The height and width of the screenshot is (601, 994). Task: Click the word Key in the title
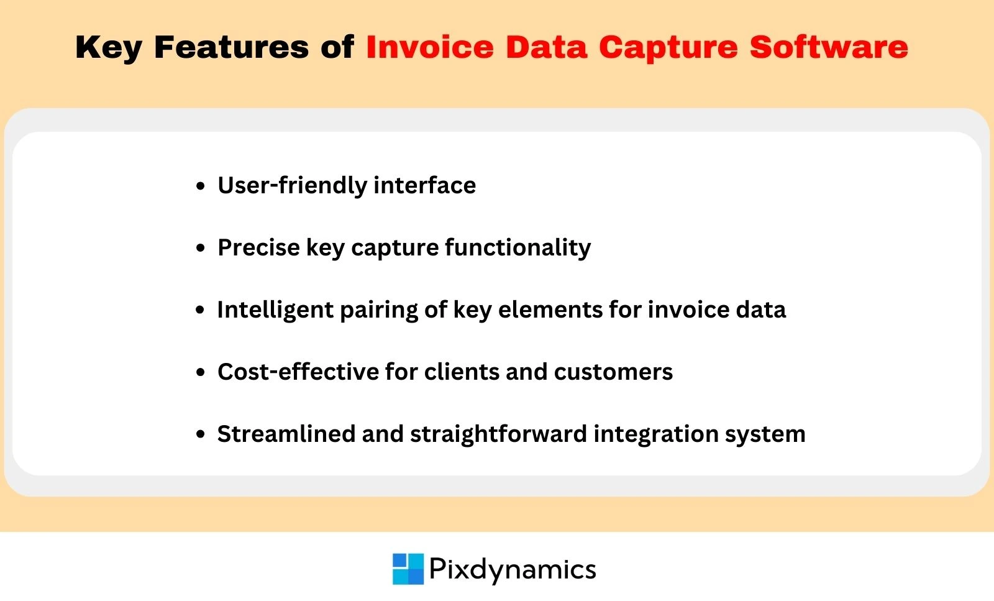108,48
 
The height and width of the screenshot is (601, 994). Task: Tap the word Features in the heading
231,47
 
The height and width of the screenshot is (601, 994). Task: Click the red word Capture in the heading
668,48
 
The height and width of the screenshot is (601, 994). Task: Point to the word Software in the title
829,47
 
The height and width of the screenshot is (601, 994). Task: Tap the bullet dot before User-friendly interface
200,186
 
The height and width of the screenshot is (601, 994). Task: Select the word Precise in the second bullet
258,247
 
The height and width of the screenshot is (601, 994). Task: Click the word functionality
518,247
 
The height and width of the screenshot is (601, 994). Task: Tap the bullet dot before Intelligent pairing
200,310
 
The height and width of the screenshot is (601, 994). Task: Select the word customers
613,372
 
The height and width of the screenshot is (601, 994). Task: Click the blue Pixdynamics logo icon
408,569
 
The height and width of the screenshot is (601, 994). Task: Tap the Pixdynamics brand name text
513,569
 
